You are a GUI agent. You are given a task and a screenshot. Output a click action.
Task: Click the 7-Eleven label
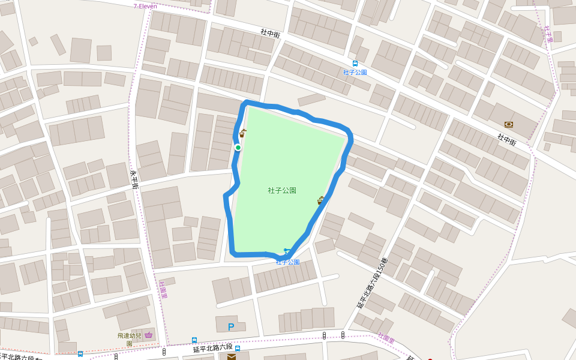[145, 6]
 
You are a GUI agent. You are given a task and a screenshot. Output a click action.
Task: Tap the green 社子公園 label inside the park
[282, 190]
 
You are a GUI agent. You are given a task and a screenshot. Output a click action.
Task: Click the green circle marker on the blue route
[238, 148]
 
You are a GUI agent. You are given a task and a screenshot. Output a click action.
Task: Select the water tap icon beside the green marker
[242, 134]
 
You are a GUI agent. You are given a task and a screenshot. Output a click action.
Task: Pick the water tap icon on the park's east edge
[320, 200]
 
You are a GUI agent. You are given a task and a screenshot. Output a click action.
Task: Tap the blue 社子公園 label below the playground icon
[287, 262]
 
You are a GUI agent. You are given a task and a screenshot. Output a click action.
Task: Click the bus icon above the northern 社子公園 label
[355, 63]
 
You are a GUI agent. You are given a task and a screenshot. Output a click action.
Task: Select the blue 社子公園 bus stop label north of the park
[355, 73]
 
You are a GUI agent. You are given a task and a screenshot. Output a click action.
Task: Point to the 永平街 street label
[134, 178]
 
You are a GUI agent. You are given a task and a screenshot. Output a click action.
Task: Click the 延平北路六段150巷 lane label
[372, 283]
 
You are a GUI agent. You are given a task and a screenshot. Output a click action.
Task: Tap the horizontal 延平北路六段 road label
[212, 348]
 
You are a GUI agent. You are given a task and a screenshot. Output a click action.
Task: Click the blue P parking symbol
[231, 327]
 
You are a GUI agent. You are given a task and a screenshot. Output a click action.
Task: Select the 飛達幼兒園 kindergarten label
[129, 338]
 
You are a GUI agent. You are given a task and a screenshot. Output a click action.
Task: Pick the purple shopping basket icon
[148, 335]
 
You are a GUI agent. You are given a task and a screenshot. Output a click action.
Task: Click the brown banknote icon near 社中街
[509, 125]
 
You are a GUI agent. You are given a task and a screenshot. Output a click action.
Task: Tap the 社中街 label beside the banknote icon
[506, 140]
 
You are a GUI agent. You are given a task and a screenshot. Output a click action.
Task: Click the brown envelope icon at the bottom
[231, 356]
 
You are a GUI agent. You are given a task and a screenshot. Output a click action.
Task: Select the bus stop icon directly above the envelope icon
[238, 348]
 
